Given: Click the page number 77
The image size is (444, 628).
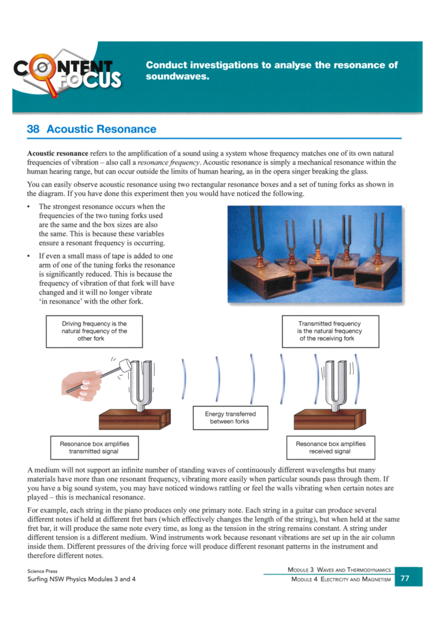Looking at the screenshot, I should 405,578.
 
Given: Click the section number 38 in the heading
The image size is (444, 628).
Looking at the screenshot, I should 33,129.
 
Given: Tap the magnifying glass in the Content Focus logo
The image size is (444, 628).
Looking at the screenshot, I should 40,68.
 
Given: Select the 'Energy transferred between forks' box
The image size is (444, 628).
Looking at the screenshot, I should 230,418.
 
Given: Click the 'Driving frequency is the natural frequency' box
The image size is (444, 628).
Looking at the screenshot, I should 94,331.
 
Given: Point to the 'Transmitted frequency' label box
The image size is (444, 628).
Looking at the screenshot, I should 330,331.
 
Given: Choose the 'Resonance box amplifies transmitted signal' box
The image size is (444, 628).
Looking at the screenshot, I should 94,447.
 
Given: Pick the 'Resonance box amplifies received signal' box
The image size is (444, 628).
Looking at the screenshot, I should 330,447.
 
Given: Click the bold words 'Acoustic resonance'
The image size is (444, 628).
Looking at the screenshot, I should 57,153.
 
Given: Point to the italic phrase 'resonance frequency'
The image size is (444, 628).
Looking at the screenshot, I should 169,163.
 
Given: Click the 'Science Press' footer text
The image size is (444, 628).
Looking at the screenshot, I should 42,571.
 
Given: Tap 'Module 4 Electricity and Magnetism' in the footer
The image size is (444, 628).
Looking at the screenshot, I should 341,579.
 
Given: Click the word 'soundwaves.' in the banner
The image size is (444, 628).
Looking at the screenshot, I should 177,77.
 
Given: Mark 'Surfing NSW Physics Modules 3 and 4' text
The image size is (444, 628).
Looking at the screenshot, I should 81,579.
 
